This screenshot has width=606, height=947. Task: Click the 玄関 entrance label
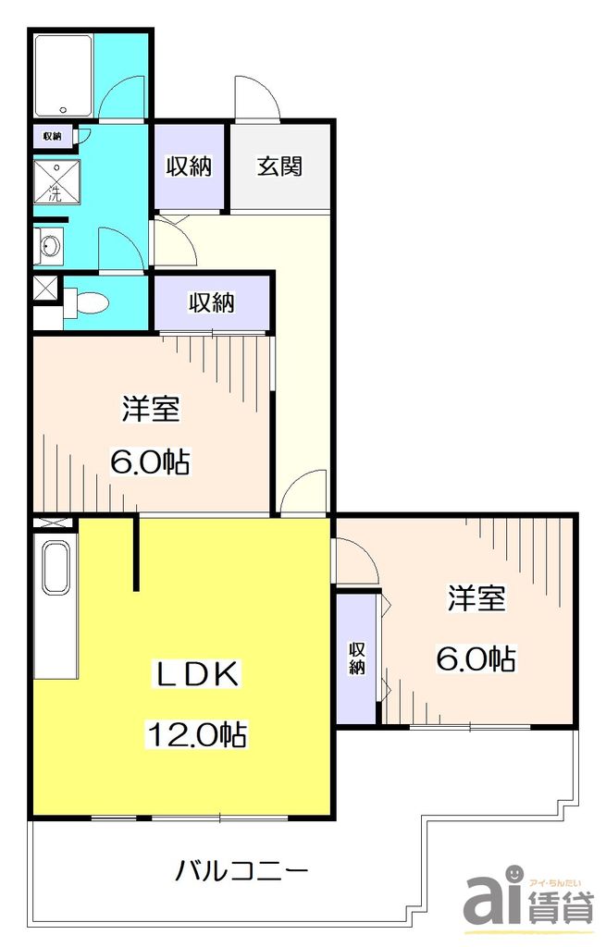pyautogui.click(x=278, y=167)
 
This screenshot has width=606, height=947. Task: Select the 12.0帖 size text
pyautogui.click(x=195, y=735)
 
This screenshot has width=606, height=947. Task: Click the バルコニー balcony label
pyautogui.click(x=241, y=870)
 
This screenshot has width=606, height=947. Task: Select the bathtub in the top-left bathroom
pyautogui.click(x=63, y=72)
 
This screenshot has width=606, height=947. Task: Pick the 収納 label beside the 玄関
pyautogui.click(x=190, y=167)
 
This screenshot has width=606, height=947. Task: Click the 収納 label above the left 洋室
pyautogui.click(x=212, y=302)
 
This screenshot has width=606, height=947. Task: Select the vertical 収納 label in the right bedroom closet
pyautogui.click(x=357, y=658)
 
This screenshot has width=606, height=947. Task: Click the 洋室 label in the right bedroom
pyautogui.click(x=476, y=599)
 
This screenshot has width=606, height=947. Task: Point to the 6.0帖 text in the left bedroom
pyautogui.click(x=150, y=461)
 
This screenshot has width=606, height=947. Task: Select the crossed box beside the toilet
pyautogui.click(x=44, y=289)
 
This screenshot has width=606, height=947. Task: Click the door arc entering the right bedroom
pyautogui.click(x=356, y=560)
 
